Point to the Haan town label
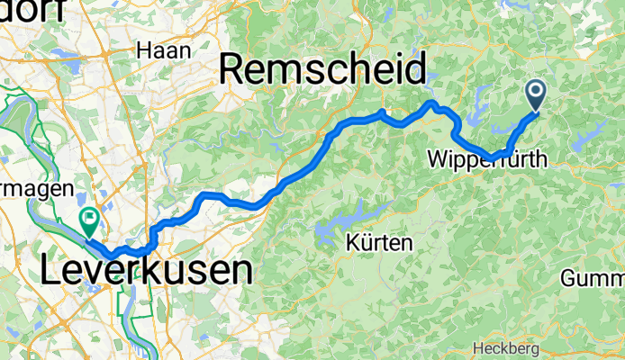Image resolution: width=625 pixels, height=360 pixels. coord(163,50)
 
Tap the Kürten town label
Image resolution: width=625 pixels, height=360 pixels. coord(379,242)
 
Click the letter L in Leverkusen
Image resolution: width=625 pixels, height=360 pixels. coord(52,270)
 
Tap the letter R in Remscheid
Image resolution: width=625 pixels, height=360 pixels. coord(234,68)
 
